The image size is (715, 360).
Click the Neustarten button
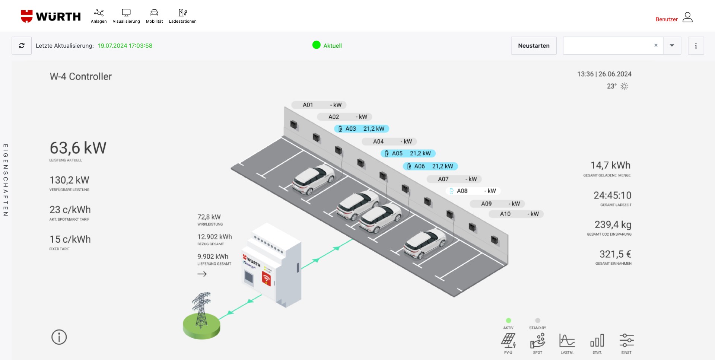(534, 46)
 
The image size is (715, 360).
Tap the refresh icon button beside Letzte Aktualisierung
(22, 46)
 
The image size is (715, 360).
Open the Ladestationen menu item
(182, 16)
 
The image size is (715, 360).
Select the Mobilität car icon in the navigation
(154, 13)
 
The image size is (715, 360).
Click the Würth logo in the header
(51, 16)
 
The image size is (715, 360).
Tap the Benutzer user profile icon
(687, 17)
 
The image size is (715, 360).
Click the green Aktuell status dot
(317, 45)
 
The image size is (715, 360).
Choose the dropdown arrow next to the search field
(672, 46)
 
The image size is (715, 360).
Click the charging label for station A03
(362, 129)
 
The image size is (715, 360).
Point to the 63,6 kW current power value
(78, 148)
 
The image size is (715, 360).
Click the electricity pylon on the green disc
(201, 310)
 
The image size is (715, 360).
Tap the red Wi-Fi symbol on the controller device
(266, 278)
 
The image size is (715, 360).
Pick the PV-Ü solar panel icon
(508, 341)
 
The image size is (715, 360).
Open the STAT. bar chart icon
(597, 341)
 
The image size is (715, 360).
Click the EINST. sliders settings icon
(626, 340)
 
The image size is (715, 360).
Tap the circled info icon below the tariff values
(59, 337)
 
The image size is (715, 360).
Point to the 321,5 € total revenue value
(615, 254)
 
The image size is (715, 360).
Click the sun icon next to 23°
(625, 86)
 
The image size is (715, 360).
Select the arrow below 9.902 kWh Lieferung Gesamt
(202, 274)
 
